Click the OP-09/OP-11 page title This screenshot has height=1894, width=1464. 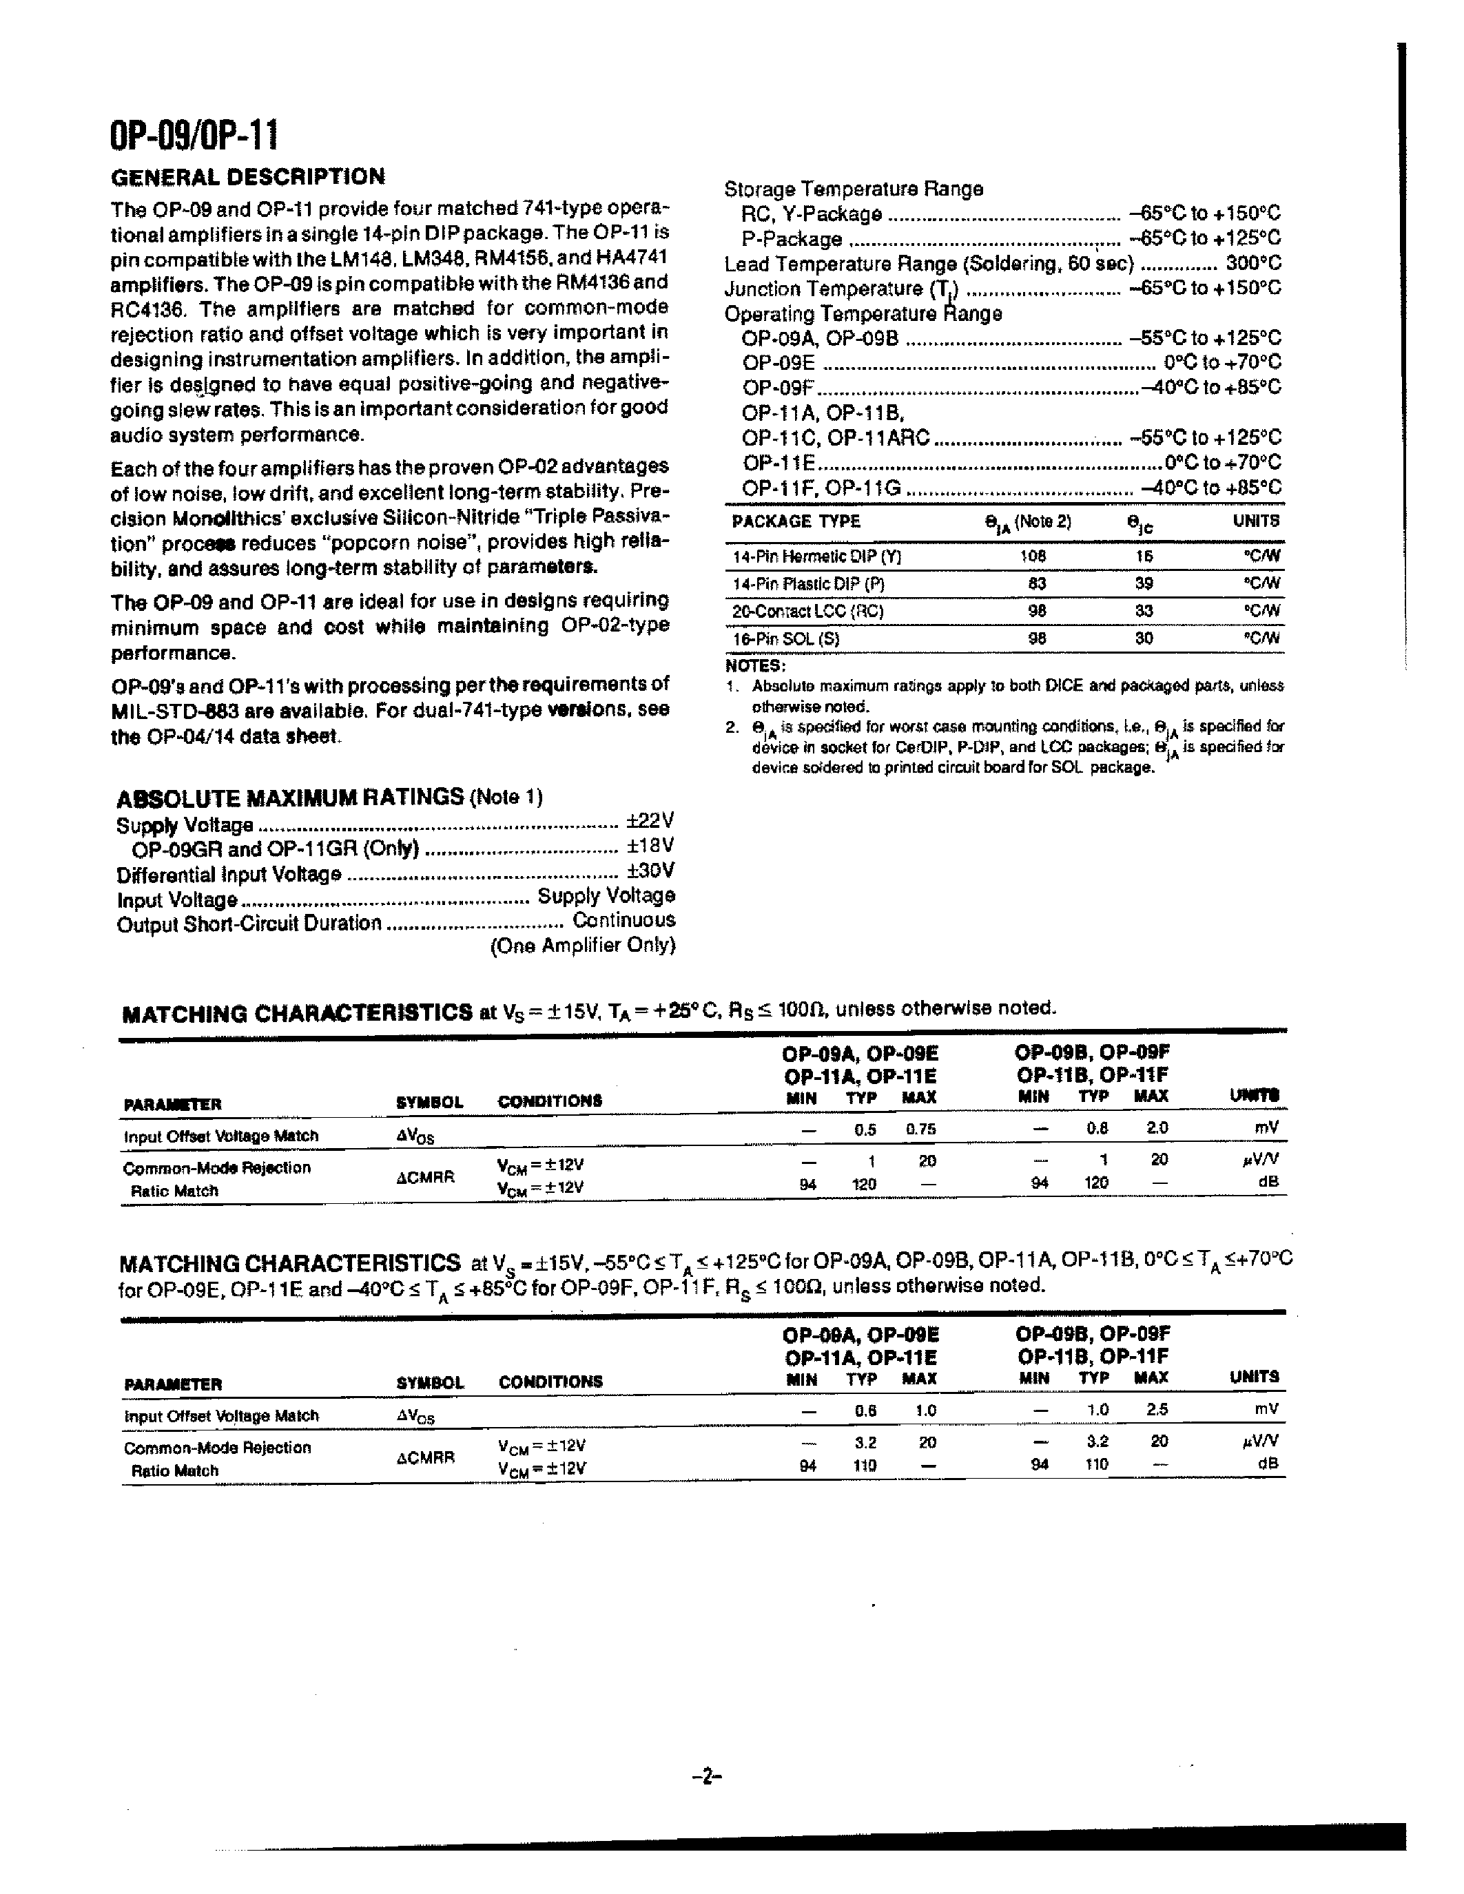click(194, 136)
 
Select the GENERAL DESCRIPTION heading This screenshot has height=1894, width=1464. click(248, 177)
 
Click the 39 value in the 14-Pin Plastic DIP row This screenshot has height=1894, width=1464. click(1144, 583)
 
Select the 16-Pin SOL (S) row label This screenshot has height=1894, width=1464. click(786, 639)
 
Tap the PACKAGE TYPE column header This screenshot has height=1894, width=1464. click(795, 521)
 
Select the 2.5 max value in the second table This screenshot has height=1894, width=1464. click(1157, 1410)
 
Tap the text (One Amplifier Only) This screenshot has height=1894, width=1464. click(582, 945)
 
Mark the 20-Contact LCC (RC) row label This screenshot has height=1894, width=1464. click(807, 612)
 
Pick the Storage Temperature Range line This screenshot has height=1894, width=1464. click(854, 189)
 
